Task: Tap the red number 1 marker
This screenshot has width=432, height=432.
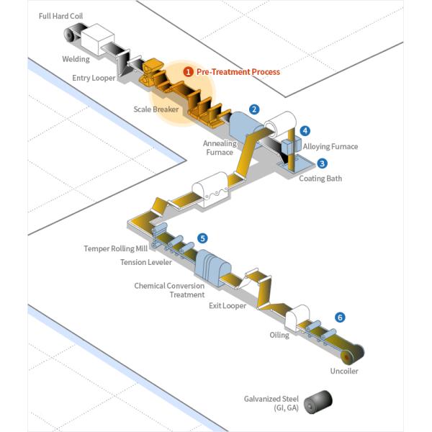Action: (188, 72)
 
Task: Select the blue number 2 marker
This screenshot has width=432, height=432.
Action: (254, 109)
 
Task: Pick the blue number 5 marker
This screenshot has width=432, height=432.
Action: (202, 238)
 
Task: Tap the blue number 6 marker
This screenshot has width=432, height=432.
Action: (340, 317)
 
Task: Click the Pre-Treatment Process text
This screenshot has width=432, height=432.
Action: (238, 72)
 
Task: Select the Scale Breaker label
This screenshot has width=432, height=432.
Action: (156, 109)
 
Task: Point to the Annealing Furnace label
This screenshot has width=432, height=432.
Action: (218, 148)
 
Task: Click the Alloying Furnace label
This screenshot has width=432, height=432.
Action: (330, 147)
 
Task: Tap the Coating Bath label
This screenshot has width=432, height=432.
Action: (320, 179)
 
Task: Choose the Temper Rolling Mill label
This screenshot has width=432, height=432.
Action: (115, 248)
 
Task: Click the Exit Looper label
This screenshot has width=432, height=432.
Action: (228, 306)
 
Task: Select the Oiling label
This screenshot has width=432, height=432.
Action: (279, 335)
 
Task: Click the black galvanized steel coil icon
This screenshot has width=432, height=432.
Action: (317, 402)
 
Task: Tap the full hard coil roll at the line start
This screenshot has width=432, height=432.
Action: (73, 33)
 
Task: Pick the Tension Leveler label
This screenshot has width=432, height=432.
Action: (146, 262)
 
